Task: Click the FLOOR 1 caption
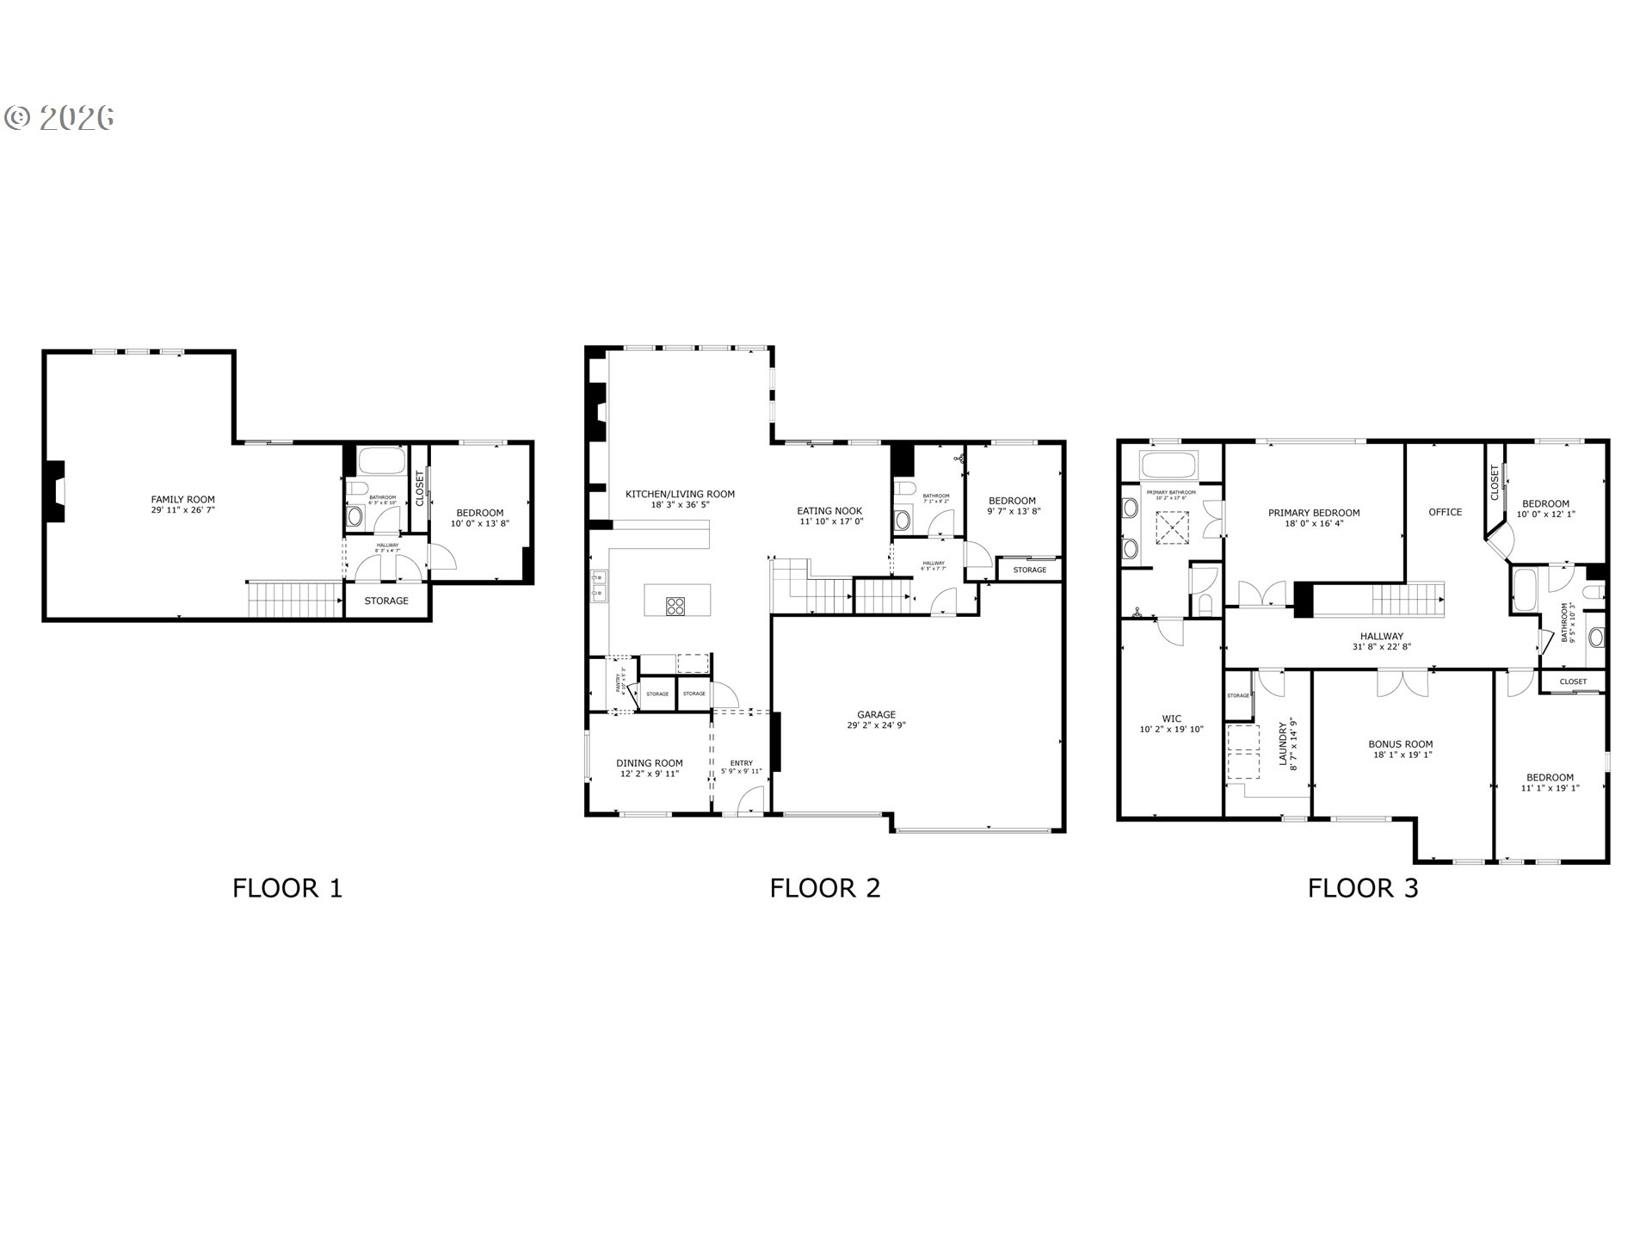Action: [x=287, y=888]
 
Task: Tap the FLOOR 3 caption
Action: [x=1363, y=888]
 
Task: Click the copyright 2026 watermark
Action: [x=59, y=117]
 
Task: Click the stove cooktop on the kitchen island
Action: [x=676, y=606]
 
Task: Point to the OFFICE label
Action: [x=1445, y=512]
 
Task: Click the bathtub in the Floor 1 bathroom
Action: [x=381, y=461]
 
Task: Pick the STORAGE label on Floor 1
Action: [x=385, y=601]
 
